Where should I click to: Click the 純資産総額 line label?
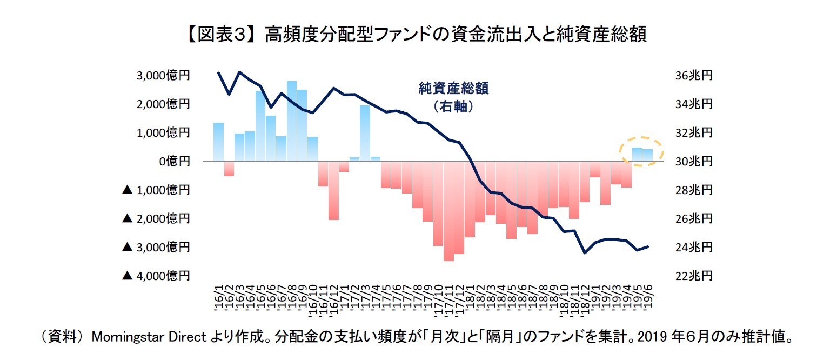(x=453, y=89)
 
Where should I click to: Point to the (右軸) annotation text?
(x=453, y=106)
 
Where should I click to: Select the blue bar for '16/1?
(x=218, y=142)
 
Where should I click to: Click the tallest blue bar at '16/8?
(x=292, y=121)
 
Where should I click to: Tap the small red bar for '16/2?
(x=229, y=169)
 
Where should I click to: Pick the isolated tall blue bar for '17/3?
(x=365, y=133)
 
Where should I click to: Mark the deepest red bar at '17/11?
(x=448, y=211)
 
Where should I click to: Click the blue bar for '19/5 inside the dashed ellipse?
(x=637, y=155)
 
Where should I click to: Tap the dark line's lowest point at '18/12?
(x=585, y=252)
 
